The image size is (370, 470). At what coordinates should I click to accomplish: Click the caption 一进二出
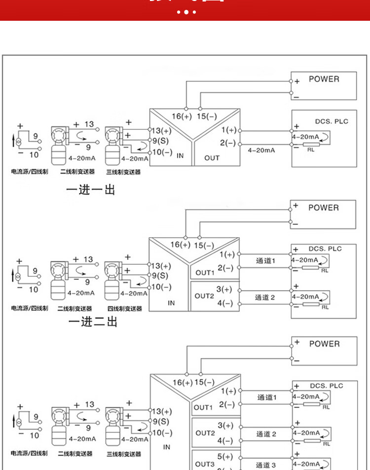(x=93, y=322)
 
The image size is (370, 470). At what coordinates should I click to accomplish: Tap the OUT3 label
(x=205, y=464)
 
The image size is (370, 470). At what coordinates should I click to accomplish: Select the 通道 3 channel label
(x=266, y=465)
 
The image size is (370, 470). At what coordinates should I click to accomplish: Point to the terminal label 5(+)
(x=225, y=457)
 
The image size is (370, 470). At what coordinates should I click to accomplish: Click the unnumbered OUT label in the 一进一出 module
(x=212, y=158)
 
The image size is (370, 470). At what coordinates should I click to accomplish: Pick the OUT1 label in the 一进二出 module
(x=205, y=272)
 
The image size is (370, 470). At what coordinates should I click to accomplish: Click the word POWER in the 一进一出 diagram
(x=324, y=79)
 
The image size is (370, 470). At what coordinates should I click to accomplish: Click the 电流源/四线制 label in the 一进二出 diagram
(x=30, y=308)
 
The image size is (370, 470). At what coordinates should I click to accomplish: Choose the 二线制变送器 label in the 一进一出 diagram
(x=76, y=172)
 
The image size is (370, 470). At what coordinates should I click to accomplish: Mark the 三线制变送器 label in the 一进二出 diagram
(x=124, y=309)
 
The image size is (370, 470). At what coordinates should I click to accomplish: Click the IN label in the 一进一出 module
(x=180, y=156)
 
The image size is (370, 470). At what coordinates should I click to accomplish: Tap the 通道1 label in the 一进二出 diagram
(x=265, y=260)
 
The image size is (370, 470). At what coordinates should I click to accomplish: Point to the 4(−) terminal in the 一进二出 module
(x=225, y=303)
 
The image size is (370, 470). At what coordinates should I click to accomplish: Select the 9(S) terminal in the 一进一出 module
(x=160, y=141)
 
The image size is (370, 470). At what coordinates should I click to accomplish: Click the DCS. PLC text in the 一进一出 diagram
(x=332, y=121)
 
